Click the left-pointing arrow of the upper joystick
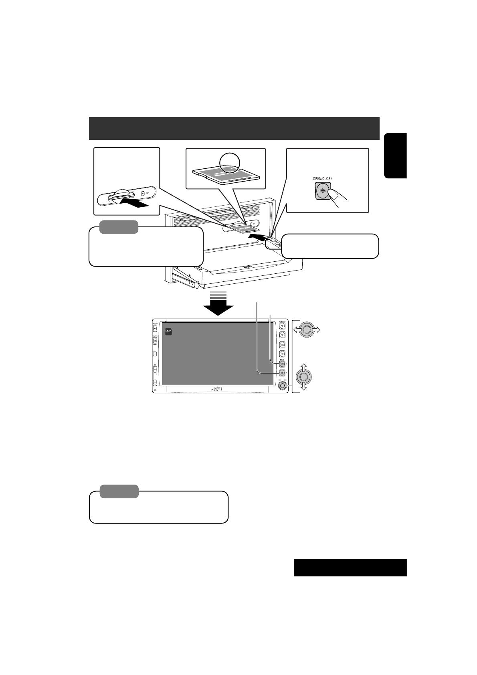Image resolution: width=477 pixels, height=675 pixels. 297,330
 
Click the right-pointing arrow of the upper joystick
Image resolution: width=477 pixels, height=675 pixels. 316,330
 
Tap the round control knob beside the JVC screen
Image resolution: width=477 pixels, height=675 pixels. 282,386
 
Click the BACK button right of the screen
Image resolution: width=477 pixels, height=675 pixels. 282,364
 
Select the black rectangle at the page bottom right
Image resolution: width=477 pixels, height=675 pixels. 350,567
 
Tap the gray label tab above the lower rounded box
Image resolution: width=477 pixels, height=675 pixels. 119,491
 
